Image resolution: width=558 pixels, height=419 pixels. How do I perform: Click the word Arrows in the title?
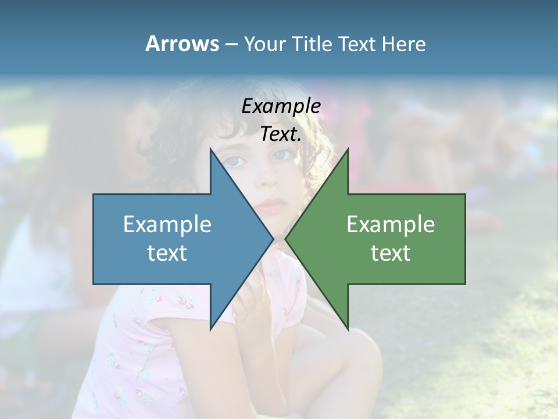182,44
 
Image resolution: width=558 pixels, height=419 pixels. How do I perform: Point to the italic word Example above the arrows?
281,106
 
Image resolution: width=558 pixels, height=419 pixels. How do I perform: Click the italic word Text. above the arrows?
281,134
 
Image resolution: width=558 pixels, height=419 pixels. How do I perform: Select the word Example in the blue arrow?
167,225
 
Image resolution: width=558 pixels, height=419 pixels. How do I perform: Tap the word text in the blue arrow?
167,253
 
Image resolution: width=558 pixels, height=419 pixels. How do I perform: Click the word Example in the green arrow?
391,225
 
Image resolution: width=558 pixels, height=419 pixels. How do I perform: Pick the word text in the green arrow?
391,253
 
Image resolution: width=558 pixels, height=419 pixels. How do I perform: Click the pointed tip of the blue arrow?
273,239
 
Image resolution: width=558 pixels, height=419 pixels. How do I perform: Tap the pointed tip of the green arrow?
285,239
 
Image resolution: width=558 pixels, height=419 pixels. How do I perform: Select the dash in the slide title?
231,44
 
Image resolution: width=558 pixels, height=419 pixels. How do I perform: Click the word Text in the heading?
357,44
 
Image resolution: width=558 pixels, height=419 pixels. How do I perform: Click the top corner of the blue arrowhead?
210,149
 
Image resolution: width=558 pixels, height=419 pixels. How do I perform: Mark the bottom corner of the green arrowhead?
348,329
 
